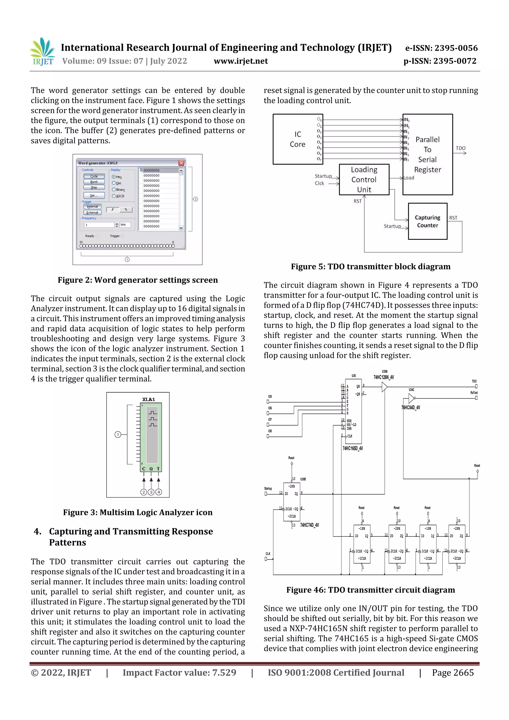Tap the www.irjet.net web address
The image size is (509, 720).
point(241,61)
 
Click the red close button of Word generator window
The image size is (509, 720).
point(181,163)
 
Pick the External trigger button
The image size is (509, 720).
point(92,212)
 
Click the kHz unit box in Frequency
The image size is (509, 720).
point(125,225)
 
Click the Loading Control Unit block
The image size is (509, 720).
point(364,180)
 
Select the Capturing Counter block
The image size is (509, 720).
point(427,221)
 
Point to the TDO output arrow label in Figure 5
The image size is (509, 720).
point(460,148)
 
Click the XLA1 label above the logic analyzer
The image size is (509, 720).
point(149,399)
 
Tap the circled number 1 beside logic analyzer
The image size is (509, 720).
point(118,435)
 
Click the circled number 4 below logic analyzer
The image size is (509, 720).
point(159,492)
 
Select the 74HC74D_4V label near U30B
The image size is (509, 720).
point(309,525)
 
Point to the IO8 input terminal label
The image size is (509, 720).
point(270,431)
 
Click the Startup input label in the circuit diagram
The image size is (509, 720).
point(268,489)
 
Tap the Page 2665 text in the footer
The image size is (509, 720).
point(453,673)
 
